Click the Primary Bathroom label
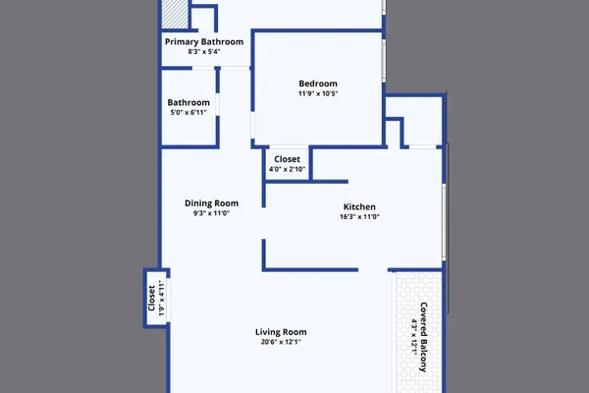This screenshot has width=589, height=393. (204, 41)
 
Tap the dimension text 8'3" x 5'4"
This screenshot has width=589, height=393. (204, 51)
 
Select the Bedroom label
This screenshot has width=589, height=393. (318, 84)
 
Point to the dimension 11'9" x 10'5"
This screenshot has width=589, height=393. (318, 93)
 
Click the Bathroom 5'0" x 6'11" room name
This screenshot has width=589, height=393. (188, 102)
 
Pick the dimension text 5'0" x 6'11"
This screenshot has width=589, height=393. (188, 112)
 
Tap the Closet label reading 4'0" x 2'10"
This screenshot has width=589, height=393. (287, 159)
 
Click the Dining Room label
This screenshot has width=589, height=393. (211, 203)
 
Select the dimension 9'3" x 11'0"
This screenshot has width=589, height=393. (211, 213)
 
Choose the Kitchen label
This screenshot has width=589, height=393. (359, 207)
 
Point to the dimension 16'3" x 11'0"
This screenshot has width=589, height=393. (359, 216)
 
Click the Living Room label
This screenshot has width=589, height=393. (281, 332)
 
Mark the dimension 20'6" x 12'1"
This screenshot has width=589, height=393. (281, 342)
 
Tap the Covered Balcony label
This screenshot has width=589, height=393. (423, 337)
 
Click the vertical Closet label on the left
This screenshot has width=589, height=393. (152, 298)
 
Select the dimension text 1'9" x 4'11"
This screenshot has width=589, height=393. (162, 298)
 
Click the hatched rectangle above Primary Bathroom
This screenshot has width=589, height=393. (175, 15)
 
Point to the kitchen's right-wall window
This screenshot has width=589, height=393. (444, 222)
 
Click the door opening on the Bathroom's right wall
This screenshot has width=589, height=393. (218, 104)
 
